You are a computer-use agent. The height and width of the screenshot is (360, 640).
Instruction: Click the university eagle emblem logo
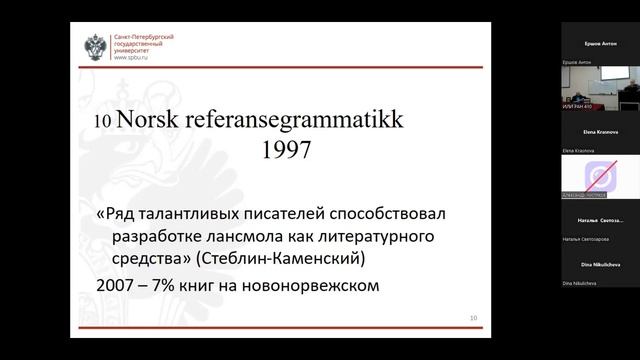click(x=97, y=46)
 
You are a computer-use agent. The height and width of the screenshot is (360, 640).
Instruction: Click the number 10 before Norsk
click(x=103, y=123)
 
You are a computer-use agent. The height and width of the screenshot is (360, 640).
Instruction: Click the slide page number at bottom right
click(x=474, y=318)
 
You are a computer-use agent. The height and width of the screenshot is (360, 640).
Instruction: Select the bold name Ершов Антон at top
click(x=599, y=45)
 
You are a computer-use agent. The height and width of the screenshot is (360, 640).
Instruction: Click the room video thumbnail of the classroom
click(x=599, y=90)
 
